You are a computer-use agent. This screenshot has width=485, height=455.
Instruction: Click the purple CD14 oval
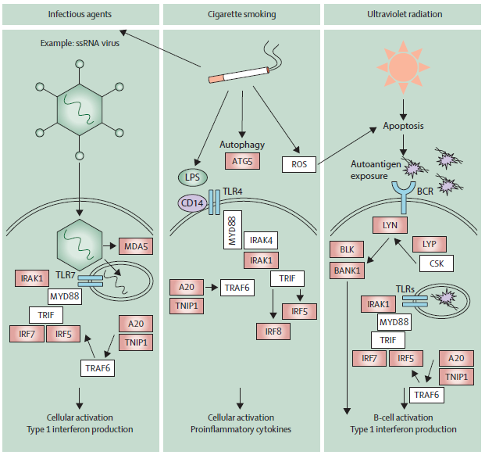[x=190, y=203]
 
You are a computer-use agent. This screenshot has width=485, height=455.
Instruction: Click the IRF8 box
[x=273, y=331]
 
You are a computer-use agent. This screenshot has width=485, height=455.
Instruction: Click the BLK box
[x=347, y=251]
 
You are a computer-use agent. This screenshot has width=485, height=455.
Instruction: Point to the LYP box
[x=428, y=243]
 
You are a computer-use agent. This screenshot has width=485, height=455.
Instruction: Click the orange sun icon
[x=401, y=64]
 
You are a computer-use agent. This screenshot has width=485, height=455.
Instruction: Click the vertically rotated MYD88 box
[x=232, y=229]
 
